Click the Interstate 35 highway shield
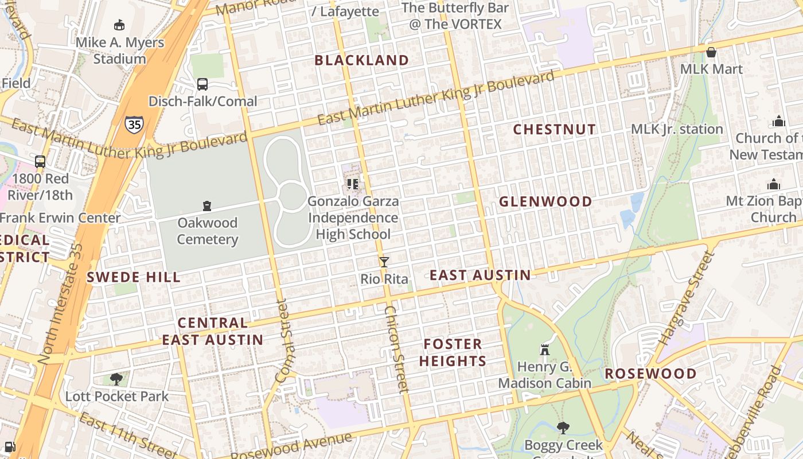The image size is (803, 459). click(x=134, y=123)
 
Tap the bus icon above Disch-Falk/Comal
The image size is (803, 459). click(x=202, y=84)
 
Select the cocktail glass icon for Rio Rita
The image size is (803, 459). click(x=384, y=262)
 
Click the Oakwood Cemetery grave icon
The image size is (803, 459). click(x=206, y=206)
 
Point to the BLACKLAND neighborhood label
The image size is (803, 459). click(x=361, y=60)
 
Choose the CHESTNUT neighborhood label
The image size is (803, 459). click(x=554, y=130)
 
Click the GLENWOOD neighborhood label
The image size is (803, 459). click(x=545, y=202)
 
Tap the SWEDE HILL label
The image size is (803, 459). click(x=133, y=278)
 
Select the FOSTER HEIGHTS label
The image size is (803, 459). click(x=453, y=352)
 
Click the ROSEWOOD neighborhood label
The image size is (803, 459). click(x=651, y=374)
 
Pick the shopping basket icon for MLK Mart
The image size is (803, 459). click(x=711, y=53)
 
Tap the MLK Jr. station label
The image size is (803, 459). click(x=677, y=129)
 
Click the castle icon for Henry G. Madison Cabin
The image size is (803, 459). click(x=544, y=349)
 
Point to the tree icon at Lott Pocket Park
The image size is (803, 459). click(x=116, y=379)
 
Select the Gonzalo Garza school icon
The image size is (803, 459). click(x=352, y=184)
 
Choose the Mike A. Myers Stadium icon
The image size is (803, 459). click(x=119, y=25)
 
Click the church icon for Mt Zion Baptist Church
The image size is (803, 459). click(x=774, y=184)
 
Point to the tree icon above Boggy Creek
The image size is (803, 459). click(x=563, y=427)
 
